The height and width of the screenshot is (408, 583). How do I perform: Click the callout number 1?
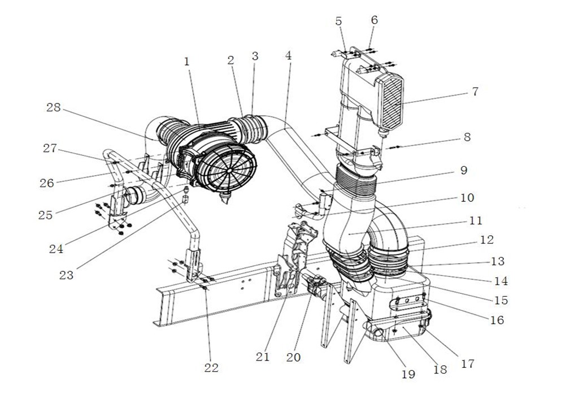click(x=186, y=62)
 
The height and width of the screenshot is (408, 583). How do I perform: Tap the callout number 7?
click(x=475, y=91)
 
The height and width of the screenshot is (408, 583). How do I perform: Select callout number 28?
click(x=53, y=107)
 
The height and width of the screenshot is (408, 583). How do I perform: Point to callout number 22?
click(x=211, y=368)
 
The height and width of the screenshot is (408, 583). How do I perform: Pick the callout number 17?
click(x=468, y=363)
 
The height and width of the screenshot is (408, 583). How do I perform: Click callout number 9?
click(x=463, y=170)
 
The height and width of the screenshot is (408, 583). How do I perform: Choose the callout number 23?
click(x=66, y=275)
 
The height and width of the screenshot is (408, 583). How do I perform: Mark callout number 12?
click(x=486, y=240)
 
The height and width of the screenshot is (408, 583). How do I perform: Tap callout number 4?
click(x=288, y=56)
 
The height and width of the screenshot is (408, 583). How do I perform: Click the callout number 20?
click(x=293, y=357)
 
